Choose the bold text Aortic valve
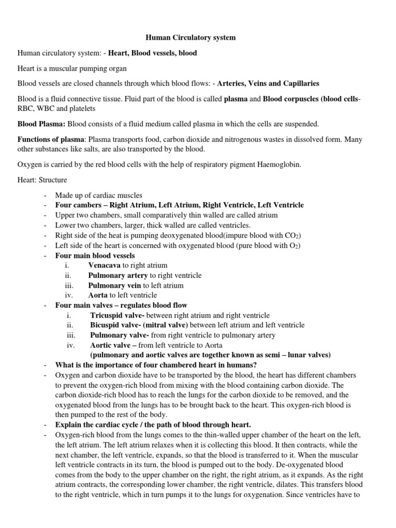110,345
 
